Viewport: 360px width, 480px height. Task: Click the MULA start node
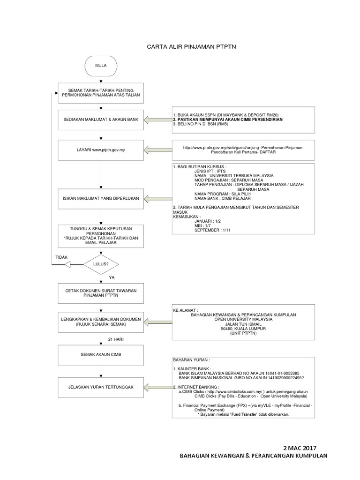pos(101,66)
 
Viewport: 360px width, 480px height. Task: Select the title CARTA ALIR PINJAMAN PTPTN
pos(180,47)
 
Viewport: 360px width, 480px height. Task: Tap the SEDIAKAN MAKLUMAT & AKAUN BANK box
pos(101,120)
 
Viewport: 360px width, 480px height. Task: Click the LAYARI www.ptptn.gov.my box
pos(101,150)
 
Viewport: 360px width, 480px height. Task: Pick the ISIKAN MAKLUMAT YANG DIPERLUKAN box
pos(101,199)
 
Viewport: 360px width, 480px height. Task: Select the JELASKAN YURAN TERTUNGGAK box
pos(101,387)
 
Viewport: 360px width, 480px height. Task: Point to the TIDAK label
pos(61,257)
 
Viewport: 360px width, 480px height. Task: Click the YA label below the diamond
pos(112,277)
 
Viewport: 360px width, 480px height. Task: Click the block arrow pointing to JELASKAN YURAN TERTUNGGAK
pos(157,387)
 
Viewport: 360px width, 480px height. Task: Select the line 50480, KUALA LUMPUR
pos(243,329)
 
